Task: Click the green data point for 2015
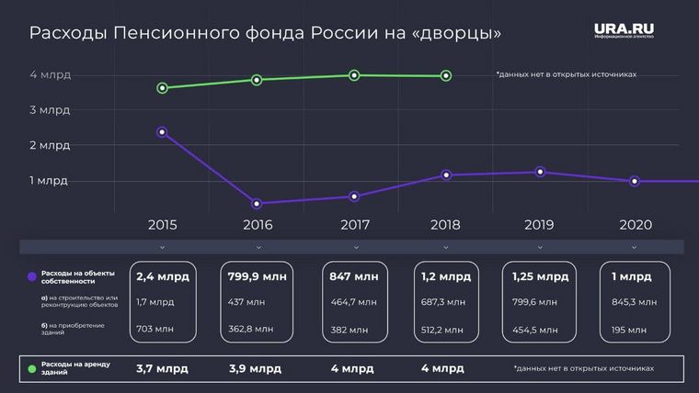(x=162, y=88)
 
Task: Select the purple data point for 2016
(x=257, y=204)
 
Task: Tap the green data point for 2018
(x=446, y=76)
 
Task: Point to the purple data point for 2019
(x=540, y=172)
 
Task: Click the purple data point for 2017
(x=353, y=196)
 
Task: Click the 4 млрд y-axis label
(x=50, y=75)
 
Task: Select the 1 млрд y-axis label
(x=50, y=181)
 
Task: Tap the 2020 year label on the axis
(x=636, y=224)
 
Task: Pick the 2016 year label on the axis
(x=257, y=224)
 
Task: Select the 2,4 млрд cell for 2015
(x=162, y=276)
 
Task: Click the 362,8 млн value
(x=251, y=328)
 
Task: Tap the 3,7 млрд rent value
(x=162, y=369)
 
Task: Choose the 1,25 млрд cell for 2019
(x=539, y=276)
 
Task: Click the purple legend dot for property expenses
(x=32, y=276)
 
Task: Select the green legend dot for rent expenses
(x=32, y=369)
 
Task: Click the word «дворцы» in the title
(x=459, y=34)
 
